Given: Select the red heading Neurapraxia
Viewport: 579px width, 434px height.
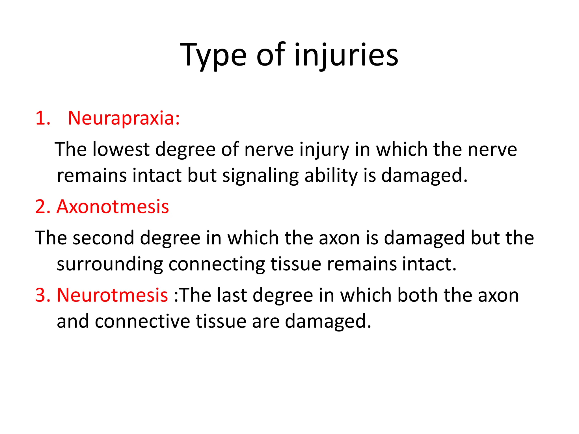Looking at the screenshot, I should click(124, 118).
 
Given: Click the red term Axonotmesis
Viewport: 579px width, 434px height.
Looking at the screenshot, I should click(113, 207).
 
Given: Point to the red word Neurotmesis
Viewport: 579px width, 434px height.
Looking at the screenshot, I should click(113, 295).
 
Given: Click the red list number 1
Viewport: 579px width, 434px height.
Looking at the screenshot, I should click(42, 118).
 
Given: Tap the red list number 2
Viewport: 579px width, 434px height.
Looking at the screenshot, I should click(42, 207).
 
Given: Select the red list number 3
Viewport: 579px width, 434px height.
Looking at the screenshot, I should click(42, 295).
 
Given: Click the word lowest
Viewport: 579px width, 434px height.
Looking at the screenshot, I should click(121, 149).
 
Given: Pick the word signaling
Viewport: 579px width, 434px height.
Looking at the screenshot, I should click(260, 176).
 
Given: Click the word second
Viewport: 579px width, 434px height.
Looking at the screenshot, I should click(103, 238).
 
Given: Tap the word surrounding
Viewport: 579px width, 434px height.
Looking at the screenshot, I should click(110, 264).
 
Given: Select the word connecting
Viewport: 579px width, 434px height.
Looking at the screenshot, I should click(217, 264).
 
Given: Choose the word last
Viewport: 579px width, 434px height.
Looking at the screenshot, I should click(232, 295).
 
